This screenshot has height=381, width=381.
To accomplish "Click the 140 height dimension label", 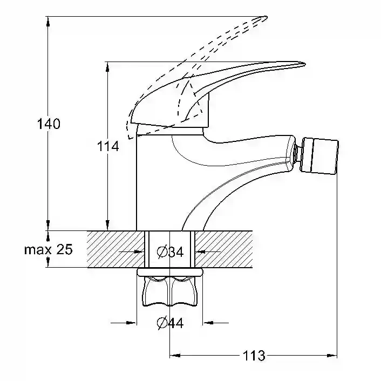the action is (x=49, y=124).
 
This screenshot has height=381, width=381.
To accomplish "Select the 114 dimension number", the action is (x=108, y=146).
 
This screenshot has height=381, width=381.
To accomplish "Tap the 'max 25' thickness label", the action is (x=49, y=249).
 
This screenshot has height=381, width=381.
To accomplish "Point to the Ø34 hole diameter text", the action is (x=170, y=251).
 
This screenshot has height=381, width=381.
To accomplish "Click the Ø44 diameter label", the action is (x=170, y=323).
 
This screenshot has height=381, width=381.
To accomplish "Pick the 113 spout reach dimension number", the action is (x=254, y=356).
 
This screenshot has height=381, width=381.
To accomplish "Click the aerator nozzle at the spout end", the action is (x=319, y=156).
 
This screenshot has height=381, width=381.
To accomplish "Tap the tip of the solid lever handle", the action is (x=305, y=64).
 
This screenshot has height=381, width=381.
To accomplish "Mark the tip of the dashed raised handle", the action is (x=267, y=17).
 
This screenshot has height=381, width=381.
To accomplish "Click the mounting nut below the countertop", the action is (x=169, y=291).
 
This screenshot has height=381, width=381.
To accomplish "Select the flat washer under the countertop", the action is (x=169, y=272).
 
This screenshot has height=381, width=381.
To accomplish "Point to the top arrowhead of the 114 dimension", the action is (x=107, y=67).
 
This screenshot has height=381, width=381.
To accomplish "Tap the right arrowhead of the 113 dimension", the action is (x=332, y=356).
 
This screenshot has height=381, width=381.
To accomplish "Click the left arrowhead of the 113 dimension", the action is (x=175, y=356).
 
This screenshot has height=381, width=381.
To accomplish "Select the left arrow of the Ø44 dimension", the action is (x=124, y=323).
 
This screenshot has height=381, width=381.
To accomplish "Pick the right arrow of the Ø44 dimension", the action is (x=216, y=323).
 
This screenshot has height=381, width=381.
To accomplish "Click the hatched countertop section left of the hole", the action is (x=115, y=249).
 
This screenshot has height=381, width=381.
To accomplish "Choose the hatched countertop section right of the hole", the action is (x=223, y=249).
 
